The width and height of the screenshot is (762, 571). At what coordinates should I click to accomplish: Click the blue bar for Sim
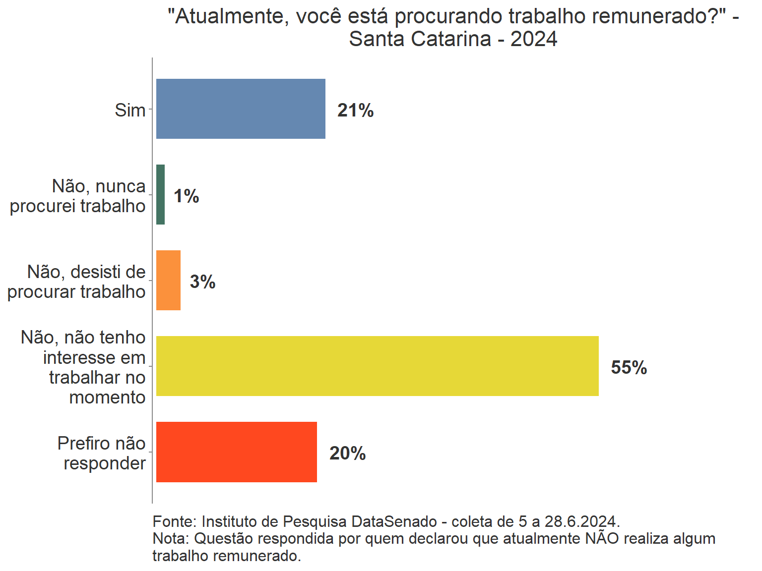(x=241, y=109)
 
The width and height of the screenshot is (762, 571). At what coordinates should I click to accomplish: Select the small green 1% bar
(x=160, y=194)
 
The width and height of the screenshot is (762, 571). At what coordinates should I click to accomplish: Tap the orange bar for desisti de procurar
(x=168, y=280)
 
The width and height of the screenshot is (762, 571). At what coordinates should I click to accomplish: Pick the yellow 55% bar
(x=377, y=366)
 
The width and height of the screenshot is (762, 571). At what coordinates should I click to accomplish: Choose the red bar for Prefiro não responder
(x=236, y=452)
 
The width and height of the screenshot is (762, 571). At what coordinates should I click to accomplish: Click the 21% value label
(x=355, y=110)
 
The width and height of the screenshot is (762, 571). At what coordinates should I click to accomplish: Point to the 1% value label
(x=187, y=196)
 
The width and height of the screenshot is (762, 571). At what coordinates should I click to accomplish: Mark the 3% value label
(x=202, y=282)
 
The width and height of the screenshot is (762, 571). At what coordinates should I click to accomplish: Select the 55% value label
(x=629, y=368)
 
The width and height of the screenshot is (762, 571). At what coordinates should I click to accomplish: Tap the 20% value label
(x=347, y=454)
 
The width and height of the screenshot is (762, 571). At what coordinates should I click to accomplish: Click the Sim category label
(x=130, y=110)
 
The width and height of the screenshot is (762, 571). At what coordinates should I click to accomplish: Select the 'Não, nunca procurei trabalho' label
(x=78, y=196)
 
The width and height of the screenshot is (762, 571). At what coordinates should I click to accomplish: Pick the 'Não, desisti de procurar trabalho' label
(x=76, y=282)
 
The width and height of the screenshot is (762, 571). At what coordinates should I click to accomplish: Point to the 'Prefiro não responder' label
(x=102, y=453)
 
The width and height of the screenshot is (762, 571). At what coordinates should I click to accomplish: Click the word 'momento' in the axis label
(x=107, y=397)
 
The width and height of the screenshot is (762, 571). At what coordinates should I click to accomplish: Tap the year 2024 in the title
(x=534, y=39)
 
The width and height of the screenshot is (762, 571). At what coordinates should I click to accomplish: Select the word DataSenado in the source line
(x=394, y=521)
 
